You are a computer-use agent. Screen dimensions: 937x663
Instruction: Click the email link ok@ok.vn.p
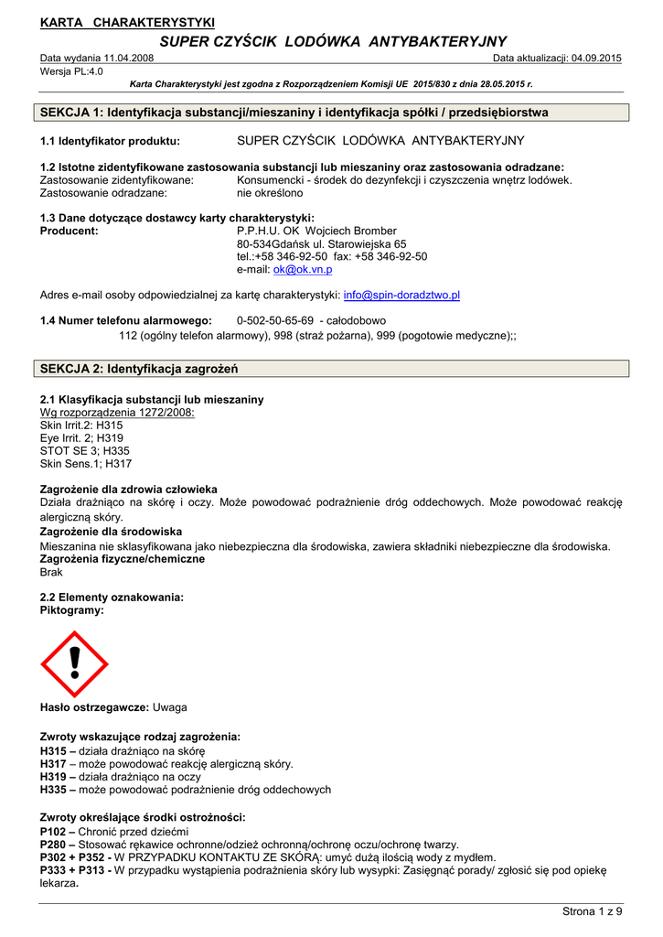pyautogui.click(x=303, y=270)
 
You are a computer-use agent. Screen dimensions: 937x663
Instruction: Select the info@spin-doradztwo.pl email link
pyautogui.click(x=401, y=296)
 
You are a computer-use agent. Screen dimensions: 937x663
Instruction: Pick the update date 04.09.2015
pyautogui.click(x=595, y=59)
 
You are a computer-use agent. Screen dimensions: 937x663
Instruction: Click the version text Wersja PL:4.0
pyautogui.click(x=71, y=70)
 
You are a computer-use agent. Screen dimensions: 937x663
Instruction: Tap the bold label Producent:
pyautogui.click(x=70, y=232)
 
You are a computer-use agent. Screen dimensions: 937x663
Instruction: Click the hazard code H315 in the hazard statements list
pyautogui.click(x=54, y=750)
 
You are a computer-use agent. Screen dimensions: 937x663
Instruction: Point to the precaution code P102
pyautogui.click(x=54, y=831)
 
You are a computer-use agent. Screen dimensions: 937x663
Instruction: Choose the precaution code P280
pyautogui.click(x=54, y=845)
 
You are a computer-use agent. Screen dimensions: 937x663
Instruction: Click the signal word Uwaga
pyautogui.click(x=170, y=707)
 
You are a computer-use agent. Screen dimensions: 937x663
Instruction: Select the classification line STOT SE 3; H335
pyautogui.click(x=85, y=451)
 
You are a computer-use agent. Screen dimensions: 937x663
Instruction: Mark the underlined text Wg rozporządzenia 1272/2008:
pyautogui.click(x=117, y=413)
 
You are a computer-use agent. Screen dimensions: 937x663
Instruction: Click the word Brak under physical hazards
pyautogui.click(x=52, y=572)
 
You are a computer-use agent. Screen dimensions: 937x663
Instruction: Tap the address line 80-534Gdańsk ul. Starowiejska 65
pyautogui.click(x=321, y=244)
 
